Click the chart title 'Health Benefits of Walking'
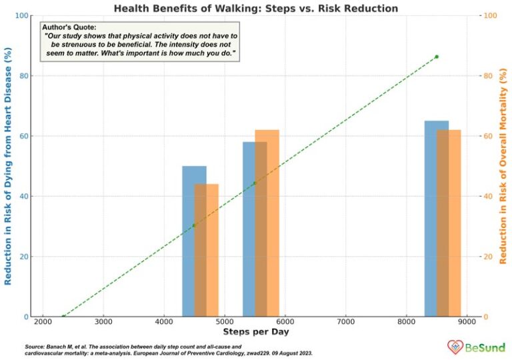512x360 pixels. pyautogui.click(x=255, y=9)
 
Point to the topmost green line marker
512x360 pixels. pyautogui.click(x=437, y=57)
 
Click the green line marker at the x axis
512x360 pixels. pyautogui.click(x=63, y=317)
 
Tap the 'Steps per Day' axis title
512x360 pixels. pyautogui.click(x=255, y=331)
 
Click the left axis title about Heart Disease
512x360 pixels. pyautogui.click(x=9, y=166)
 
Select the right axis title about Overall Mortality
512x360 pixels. pyautogui.click(x=503, y=166)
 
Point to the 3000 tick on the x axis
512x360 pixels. pyautogui.click(x=103, y=321)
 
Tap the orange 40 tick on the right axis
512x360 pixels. pyautogui.click(x=487, y=197)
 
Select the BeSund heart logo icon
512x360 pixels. pyautogui.click(x=455, y=347)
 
